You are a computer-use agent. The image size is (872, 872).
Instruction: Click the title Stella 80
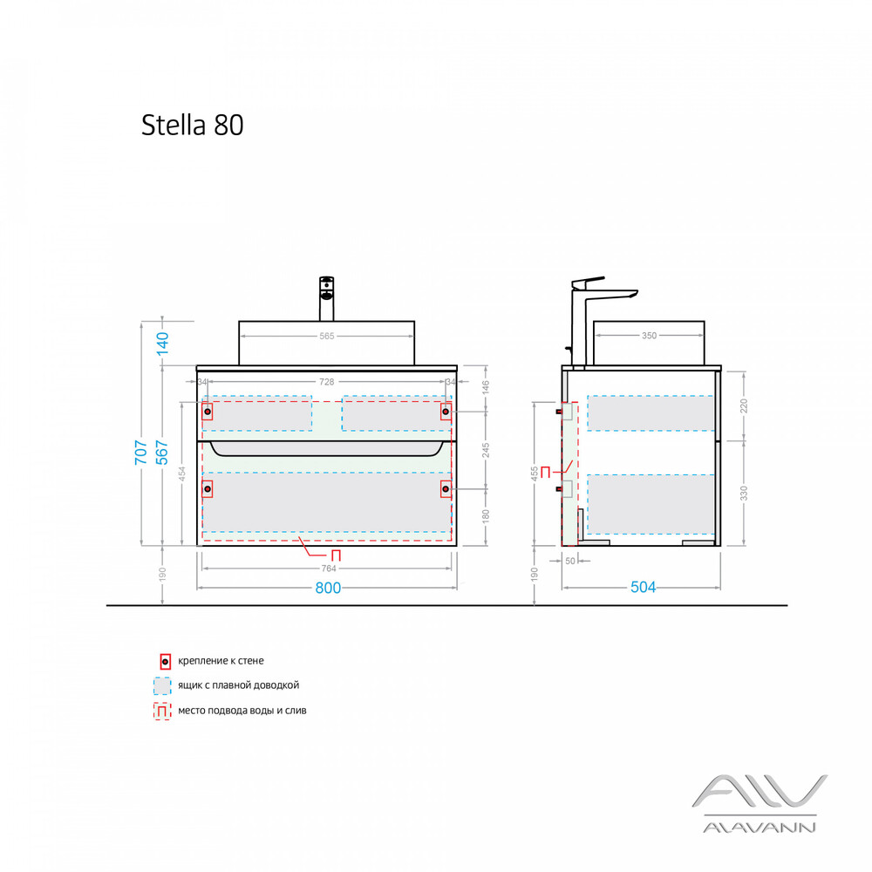pyautogui.click(x=193, y=125)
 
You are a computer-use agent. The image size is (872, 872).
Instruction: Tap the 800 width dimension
pyautogui.click(x=328, y=588)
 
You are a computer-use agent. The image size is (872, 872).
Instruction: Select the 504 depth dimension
pyautogui.click(x=643, y=588)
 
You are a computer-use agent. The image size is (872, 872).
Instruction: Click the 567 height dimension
pyautogui.click(x=162, y=453)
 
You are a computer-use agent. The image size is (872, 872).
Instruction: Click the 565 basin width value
pyautogui.click(x=326, y=336)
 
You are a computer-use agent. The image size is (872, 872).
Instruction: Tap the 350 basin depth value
pyautogui.click(x=649, y=336)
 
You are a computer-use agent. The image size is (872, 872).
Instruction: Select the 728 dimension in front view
pyautogui.click(x=326, y=381)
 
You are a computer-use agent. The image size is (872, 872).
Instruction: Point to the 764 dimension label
pyautogui.click(x=328, y=568)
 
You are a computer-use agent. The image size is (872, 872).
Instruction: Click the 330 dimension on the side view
pyautogui.click(x=744, y=493)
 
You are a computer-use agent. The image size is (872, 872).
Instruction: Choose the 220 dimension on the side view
pyautogui.click(x=744, y=405)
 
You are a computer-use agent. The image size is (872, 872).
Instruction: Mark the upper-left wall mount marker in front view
pyautogui.click(x=208, y=411)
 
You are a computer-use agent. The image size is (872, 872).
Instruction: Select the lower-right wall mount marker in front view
pyautogui.click(x=446, y=489)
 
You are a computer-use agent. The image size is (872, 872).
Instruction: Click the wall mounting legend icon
pyautogui.click(x=165, y=661)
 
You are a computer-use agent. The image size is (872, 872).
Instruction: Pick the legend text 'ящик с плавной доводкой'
pyautogui.click(x=238, y=685)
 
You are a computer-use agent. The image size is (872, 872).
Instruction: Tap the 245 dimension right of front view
pyautogui.click(x=486, y=450)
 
